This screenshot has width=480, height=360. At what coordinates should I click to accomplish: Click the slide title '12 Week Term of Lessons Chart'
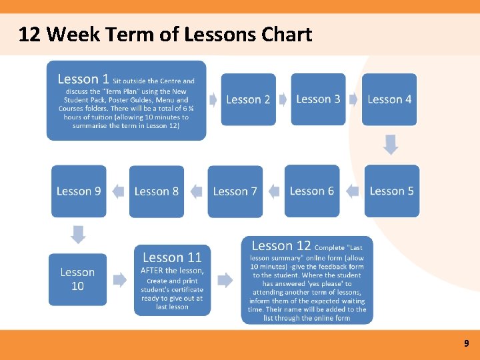[165, 34]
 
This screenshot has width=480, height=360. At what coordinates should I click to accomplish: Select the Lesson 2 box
[248, 99]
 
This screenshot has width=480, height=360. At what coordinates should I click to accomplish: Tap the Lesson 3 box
[318, 99]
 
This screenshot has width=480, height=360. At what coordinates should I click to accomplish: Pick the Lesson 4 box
[389, 99]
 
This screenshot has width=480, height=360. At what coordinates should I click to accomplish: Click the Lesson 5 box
[391, 191]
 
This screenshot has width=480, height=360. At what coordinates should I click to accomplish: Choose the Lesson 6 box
[312, 191]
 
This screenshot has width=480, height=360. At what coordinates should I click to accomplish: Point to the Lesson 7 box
[235, 191]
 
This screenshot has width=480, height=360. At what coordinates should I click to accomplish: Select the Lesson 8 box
[157, 191]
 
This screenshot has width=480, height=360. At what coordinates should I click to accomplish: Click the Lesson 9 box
[79, 191]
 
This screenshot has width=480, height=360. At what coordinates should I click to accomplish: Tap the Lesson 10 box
[77, 279]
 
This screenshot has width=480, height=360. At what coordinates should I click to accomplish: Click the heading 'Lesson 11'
[172, 257]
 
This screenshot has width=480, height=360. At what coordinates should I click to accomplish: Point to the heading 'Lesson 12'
[281, 246]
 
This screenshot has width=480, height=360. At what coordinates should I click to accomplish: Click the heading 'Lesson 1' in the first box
[83, 79]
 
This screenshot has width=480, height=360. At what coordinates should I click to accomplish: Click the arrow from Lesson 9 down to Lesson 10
[79, 235]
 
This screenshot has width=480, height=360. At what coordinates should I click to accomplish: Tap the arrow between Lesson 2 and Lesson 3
[283, 99]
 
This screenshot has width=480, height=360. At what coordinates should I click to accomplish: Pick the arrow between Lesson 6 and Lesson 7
[273, 191]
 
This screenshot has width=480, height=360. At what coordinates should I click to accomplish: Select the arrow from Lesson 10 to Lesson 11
[119, 279]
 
